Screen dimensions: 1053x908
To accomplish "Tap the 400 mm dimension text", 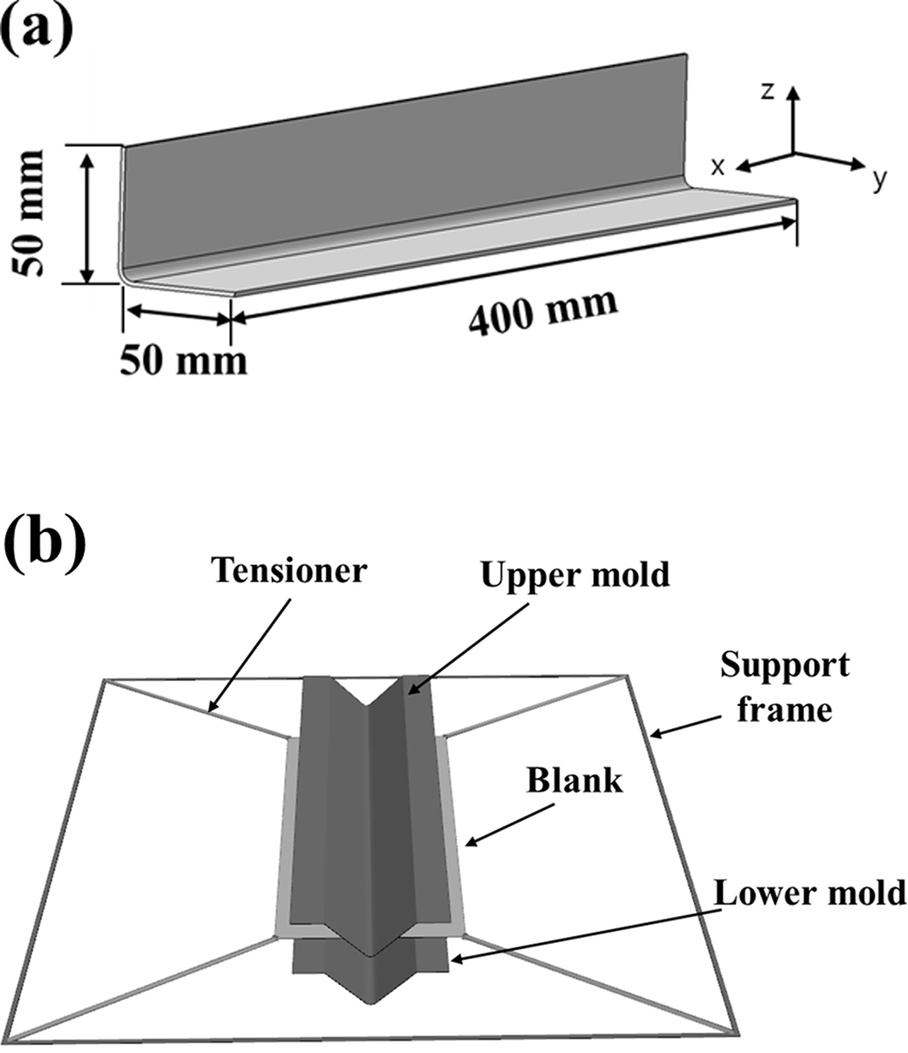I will point(541,314).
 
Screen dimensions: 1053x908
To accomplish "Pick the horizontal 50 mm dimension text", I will point(183,360).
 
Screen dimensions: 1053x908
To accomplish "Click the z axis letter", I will point(767,92).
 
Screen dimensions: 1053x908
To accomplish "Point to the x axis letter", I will point(718,168).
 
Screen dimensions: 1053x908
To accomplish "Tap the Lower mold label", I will point(809,893).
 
